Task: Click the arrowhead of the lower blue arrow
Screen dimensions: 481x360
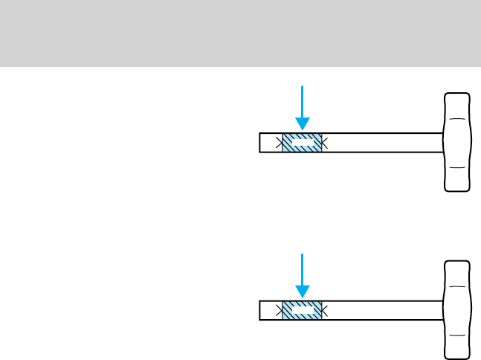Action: (x=303, y=292)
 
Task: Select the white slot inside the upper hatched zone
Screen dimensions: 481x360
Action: (x=302, y=139)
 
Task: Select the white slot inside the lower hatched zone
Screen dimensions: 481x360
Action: (x=302, y=307)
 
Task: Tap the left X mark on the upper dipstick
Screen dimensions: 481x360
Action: (x=280, y=142)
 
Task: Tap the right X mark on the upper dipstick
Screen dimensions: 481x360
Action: (x=323, y=142)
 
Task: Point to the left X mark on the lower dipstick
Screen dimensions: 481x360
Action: (x=280, y=310)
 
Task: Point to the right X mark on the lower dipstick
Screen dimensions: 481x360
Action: (x=323, y=310)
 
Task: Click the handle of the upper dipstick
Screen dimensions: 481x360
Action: (x=457, y=142)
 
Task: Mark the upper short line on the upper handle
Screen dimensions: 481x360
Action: (x=457, y=119)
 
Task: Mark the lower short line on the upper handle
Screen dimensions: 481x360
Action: (x=457, y=168)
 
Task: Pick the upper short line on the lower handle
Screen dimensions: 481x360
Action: (x=457, y=287)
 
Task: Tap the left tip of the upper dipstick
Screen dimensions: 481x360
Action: (x=261, y=142)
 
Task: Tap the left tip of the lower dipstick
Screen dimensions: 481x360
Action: (x=261, y=310)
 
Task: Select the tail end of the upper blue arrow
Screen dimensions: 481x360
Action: (x=303, y=86)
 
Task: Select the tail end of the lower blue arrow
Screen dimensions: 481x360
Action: (x=303, y=254)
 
